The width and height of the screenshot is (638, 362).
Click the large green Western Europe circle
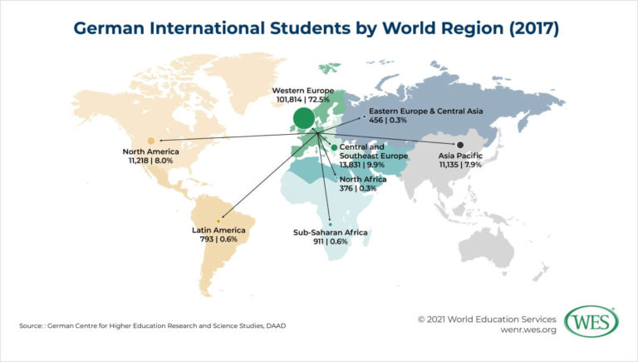(303, 118)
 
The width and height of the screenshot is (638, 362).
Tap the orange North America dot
(150, 141)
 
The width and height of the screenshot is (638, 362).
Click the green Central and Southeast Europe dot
(334, 147)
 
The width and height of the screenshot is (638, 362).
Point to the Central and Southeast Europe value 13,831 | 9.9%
(372, 166)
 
